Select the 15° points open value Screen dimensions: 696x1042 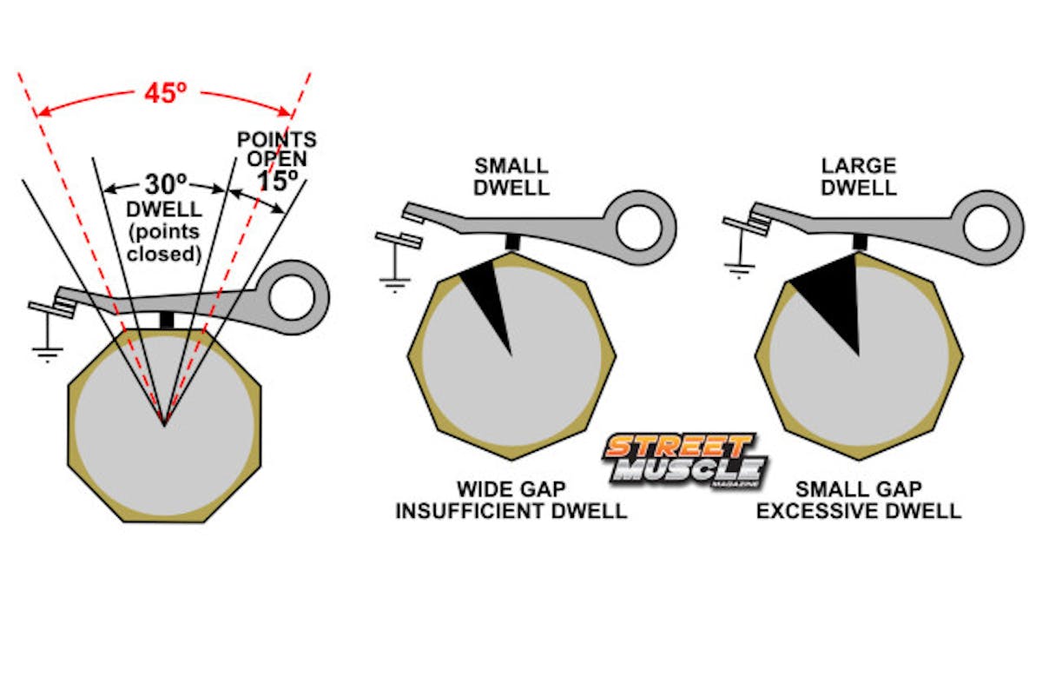pyautogui.click(x=277, y=182)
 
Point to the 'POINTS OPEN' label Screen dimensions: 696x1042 pyautogui.click(x=277, y=149)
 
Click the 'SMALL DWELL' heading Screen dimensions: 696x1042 pyautogui.click(x=511, y=177)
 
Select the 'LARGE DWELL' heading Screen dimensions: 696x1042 pyautogui.click(x=858, y=177)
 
